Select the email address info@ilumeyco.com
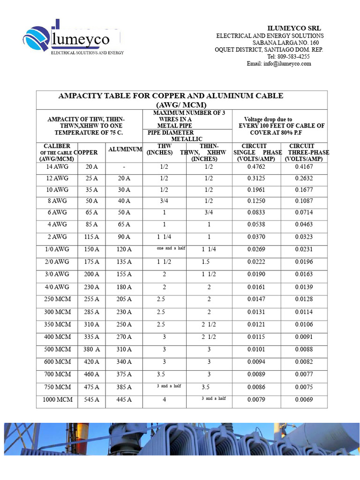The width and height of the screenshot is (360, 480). pos(279,64)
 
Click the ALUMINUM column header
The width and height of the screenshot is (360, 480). pos(125,150)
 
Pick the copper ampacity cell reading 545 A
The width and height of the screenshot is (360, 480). pos(91,400)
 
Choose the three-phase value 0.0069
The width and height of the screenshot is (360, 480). pos(304,400)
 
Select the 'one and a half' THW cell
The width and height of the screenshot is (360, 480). pos(172,248)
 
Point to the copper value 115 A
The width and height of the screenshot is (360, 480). pos(91,237)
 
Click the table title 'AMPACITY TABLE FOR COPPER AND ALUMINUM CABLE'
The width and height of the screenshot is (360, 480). pos(171,96)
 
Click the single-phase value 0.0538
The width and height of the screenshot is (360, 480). pos(257,225)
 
